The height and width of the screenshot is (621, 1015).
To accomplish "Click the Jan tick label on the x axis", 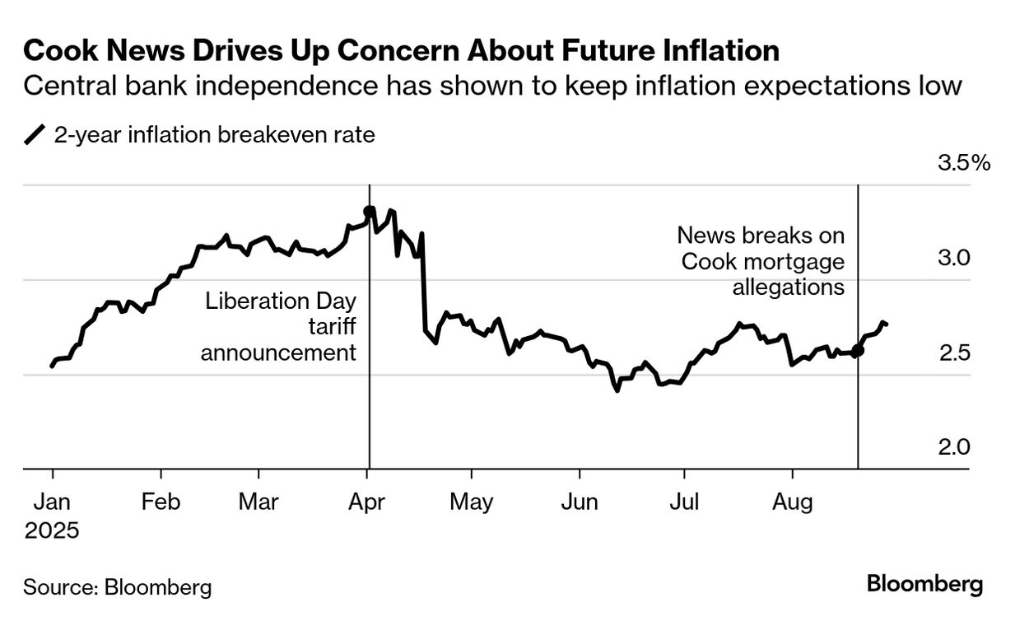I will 52,502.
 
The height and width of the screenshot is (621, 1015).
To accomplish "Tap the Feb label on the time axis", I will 161,502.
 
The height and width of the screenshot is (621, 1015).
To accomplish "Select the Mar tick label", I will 258,502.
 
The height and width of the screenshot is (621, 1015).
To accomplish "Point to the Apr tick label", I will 366,502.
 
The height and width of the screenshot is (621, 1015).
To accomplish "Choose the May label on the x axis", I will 471,502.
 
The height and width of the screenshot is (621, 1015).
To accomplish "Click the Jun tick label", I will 580,502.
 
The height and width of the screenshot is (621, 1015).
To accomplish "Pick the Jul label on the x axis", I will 682,502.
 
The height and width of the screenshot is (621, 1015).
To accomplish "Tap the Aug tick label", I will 792,502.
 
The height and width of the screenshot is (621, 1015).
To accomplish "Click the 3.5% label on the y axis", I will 964,163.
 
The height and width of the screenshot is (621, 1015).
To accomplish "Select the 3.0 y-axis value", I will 956,258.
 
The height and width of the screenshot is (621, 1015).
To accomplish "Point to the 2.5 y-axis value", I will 956,353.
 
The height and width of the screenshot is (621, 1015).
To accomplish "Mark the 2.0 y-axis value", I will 956,447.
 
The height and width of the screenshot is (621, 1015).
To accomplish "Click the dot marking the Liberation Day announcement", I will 369,211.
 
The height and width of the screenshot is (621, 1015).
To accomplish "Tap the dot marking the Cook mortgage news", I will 858,351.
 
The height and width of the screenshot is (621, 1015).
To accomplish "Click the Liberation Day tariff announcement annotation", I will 280,326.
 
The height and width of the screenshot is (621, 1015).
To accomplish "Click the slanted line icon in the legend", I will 35,135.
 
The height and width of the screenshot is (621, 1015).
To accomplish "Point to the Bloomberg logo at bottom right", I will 924,585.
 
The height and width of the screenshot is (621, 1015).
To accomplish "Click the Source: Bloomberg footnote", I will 118,587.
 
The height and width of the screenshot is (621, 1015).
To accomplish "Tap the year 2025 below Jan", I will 52,530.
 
